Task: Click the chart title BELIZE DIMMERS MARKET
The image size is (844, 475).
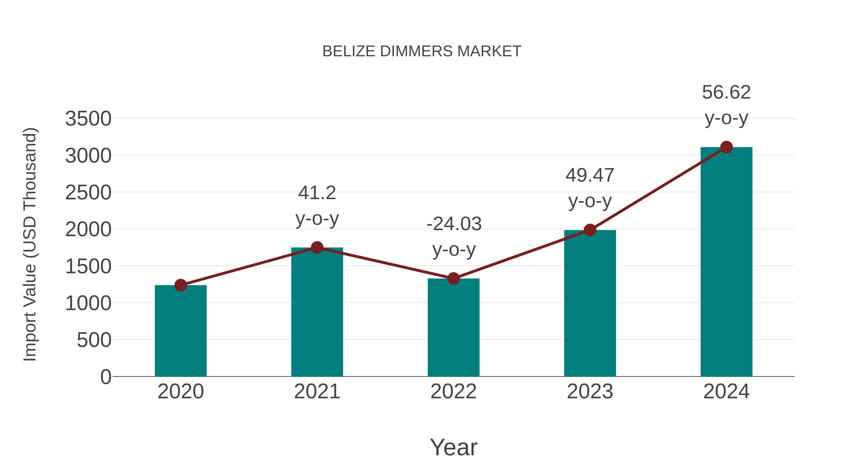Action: point(422,51)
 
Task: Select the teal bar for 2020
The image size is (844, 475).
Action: point(181,331)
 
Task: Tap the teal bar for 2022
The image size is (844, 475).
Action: point(453,328)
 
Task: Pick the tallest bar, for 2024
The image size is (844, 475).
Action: point(726,262)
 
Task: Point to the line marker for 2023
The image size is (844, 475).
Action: point(590,230)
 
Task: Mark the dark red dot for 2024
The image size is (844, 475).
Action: point(726,147)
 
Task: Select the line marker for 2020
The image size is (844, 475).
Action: point(181,285)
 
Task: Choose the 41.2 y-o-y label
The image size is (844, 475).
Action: point(317,193)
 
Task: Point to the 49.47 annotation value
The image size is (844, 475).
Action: point(590,175)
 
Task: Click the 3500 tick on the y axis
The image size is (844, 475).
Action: point(88,119)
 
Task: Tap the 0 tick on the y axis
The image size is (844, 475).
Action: point(106,377)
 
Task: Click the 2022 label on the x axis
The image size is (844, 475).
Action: point(453,391)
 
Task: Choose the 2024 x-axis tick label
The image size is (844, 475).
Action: point(726,391)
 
